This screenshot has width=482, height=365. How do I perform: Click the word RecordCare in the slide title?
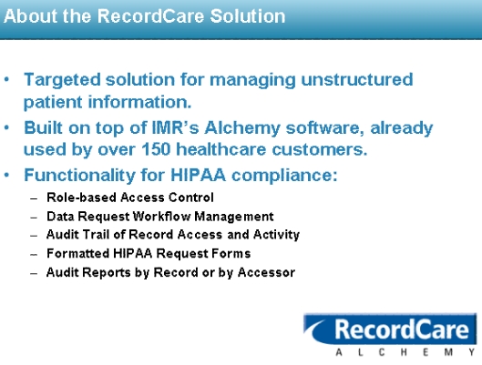151,16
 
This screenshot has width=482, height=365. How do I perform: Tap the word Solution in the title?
248,16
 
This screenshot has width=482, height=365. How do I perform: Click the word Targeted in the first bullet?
62,80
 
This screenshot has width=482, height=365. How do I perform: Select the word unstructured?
357,79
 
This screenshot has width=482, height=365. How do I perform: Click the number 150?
156,149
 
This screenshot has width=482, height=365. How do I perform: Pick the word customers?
320,149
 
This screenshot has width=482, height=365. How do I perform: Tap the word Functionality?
79,176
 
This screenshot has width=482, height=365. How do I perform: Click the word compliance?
284,176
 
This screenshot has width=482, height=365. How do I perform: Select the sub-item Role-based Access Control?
130,198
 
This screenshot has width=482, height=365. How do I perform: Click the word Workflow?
161,217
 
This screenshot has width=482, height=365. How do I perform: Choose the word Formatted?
78,254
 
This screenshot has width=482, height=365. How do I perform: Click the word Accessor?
266,272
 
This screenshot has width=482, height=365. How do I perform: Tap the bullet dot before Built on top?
6,127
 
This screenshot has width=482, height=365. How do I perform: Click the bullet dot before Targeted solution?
6,79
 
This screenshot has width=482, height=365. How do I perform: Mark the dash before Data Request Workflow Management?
34,218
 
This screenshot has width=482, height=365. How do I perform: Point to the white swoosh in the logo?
313,329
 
